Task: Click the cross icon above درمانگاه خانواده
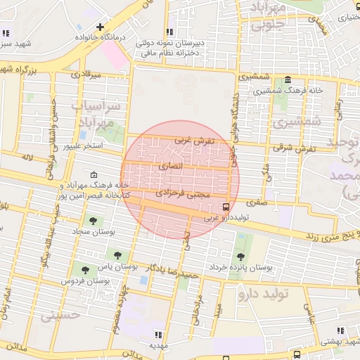point(101,26)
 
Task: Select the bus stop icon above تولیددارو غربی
point(226,207)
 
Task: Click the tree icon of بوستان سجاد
point(94,221)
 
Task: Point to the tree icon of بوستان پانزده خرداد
point(241,257)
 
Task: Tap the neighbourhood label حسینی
point(56,316)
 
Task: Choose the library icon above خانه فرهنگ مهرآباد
point(95,175)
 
